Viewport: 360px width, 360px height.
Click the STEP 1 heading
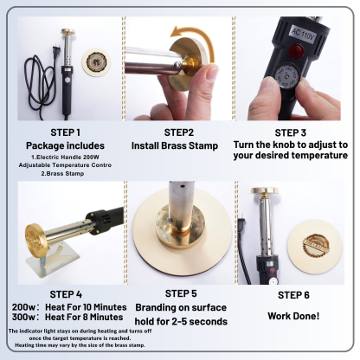pos(66,132)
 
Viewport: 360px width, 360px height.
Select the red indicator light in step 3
pos(295,50)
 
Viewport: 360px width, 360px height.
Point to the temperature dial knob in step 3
pos(287,76)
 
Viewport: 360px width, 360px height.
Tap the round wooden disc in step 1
pos(96,62)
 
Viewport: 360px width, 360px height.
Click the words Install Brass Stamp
pos(175,145)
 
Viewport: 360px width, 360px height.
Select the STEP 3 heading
pos(291,133)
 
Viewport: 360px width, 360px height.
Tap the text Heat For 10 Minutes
pos(86,307)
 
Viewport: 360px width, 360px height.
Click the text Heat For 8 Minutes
pos(84,317)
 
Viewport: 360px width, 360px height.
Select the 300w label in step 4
pos(23,317)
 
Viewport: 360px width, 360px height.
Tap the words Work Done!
pos(293,316)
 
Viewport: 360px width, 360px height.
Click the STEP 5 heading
pos(181,293)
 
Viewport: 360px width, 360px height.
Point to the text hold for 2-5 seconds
pos(181,321)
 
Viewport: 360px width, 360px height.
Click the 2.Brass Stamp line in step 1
pos(62,174)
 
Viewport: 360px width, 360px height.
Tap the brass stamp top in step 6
pos(265,190)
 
